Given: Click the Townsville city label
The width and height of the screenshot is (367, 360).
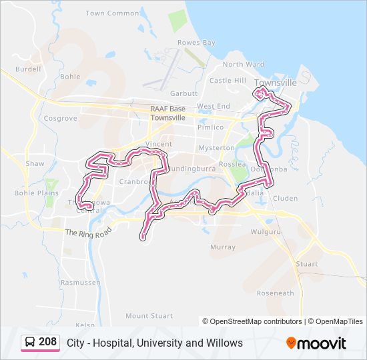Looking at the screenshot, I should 276,82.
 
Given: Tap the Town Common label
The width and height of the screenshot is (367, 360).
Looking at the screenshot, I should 113,13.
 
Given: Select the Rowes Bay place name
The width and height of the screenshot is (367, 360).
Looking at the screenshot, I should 196,43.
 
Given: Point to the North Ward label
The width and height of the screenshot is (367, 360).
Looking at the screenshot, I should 243,65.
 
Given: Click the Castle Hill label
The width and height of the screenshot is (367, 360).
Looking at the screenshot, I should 228,81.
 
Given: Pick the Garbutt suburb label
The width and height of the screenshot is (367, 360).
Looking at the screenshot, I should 184,93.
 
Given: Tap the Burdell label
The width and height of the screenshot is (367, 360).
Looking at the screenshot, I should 28,69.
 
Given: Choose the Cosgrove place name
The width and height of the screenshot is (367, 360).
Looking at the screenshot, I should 60,118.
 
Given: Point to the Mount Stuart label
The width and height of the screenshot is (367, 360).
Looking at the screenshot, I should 149,316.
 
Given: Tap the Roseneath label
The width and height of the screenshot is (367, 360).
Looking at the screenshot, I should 275,293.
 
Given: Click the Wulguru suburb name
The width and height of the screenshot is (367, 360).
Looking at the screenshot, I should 263,232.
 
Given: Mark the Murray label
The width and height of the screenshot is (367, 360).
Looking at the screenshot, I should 223,247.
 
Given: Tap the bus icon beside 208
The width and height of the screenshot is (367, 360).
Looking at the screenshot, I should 30,343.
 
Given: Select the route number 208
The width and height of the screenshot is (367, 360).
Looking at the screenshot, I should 47,343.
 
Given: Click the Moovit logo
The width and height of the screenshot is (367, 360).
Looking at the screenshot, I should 316,343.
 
